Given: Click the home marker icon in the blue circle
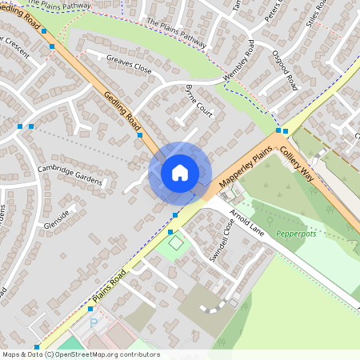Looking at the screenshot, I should coord(180,173).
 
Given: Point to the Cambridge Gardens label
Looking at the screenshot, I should coord(70,174).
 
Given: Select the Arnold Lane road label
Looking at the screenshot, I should coord(246,220).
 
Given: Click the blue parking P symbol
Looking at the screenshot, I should coord(93,323).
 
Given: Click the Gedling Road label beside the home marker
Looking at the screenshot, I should coord(122,110).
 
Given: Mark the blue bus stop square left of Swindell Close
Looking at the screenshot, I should coord(170,232).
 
